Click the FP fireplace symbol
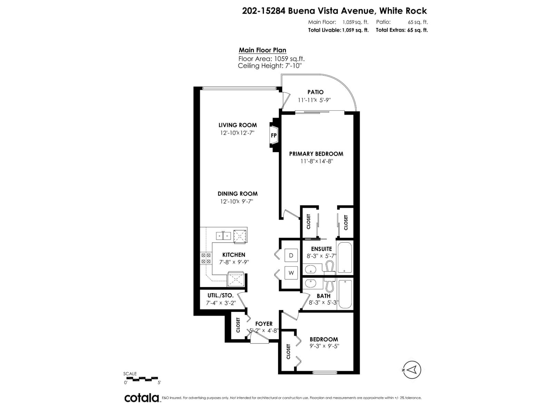click(274, 136)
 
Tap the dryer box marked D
click(291, 255)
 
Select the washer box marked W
click(291, 273)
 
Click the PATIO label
click(315, 92)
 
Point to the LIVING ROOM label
click(237, 125)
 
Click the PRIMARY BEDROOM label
click(316, 154)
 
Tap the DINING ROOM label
click(237, 194)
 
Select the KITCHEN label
click(234, 255)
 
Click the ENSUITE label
click(321, 249)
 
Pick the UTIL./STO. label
click(220, 296)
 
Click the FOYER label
click(264, 324)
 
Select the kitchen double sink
click(223, 236)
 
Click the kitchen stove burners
click(206, 258)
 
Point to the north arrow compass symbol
click(412, 370)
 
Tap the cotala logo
click(141, 398)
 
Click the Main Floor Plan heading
click(262, 50)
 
